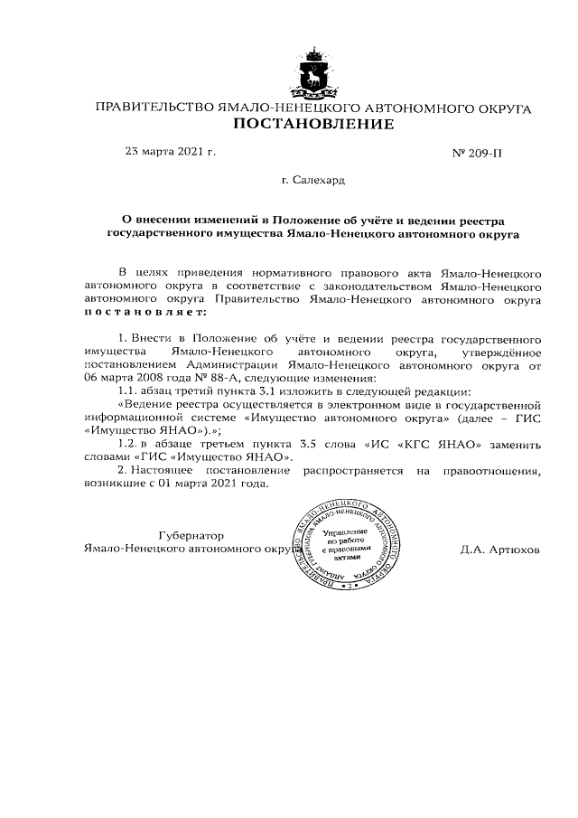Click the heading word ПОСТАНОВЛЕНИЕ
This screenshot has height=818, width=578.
[x=313, y=124]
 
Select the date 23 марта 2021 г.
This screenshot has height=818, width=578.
[x=170, y=152]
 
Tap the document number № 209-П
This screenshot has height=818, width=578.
[x=476, y=153]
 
